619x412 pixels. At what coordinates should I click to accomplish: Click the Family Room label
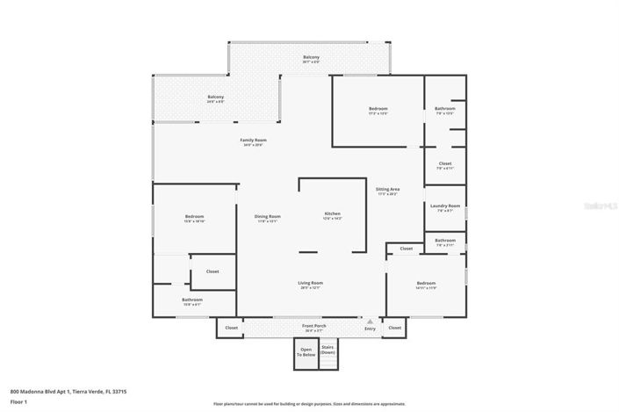click(x=254, y=141)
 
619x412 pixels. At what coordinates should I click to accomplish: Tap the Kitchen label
click(x=333, y=214)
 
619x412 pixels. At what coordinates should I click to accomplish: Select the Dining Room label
click(x=269, y=217)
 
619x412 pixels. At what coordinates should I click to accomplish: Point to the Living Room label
click(x=311, y=283)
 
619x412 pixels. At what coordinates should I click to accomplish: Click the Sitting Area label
click(x=388, y=190)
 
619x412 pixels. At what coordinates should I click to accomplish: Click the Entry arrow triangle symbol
click(x=370, y=322)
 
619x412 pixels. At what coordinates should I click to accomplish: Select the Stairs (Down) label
click(x=327, y=351)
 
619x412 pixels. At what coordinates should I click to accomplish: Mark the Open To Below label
click(x=306, y=351)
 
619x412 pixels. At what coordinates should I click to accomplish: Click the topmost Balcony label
click(x=311, y=58)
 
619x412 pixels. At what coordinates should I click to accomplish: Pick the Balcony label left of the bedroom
click(x=215, y=97)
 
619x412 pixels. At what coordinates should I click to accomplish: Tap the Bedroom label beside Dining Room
click(x=194, y=217)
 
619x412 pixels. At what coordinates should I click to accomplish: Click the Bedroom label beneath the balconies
click(x=378, y=109)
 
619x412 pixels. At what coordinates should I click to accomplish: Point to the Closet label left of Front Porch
click(x=231, y=328)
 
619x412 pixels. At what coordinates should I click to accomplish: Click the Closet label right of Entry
click(x=394, y=328)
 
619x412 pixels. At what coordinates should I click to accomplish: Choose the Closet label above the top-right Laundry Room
click(x=445, y=163)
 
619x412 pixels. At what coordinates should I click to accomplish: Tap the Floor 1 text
click(x=18, y=401)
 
